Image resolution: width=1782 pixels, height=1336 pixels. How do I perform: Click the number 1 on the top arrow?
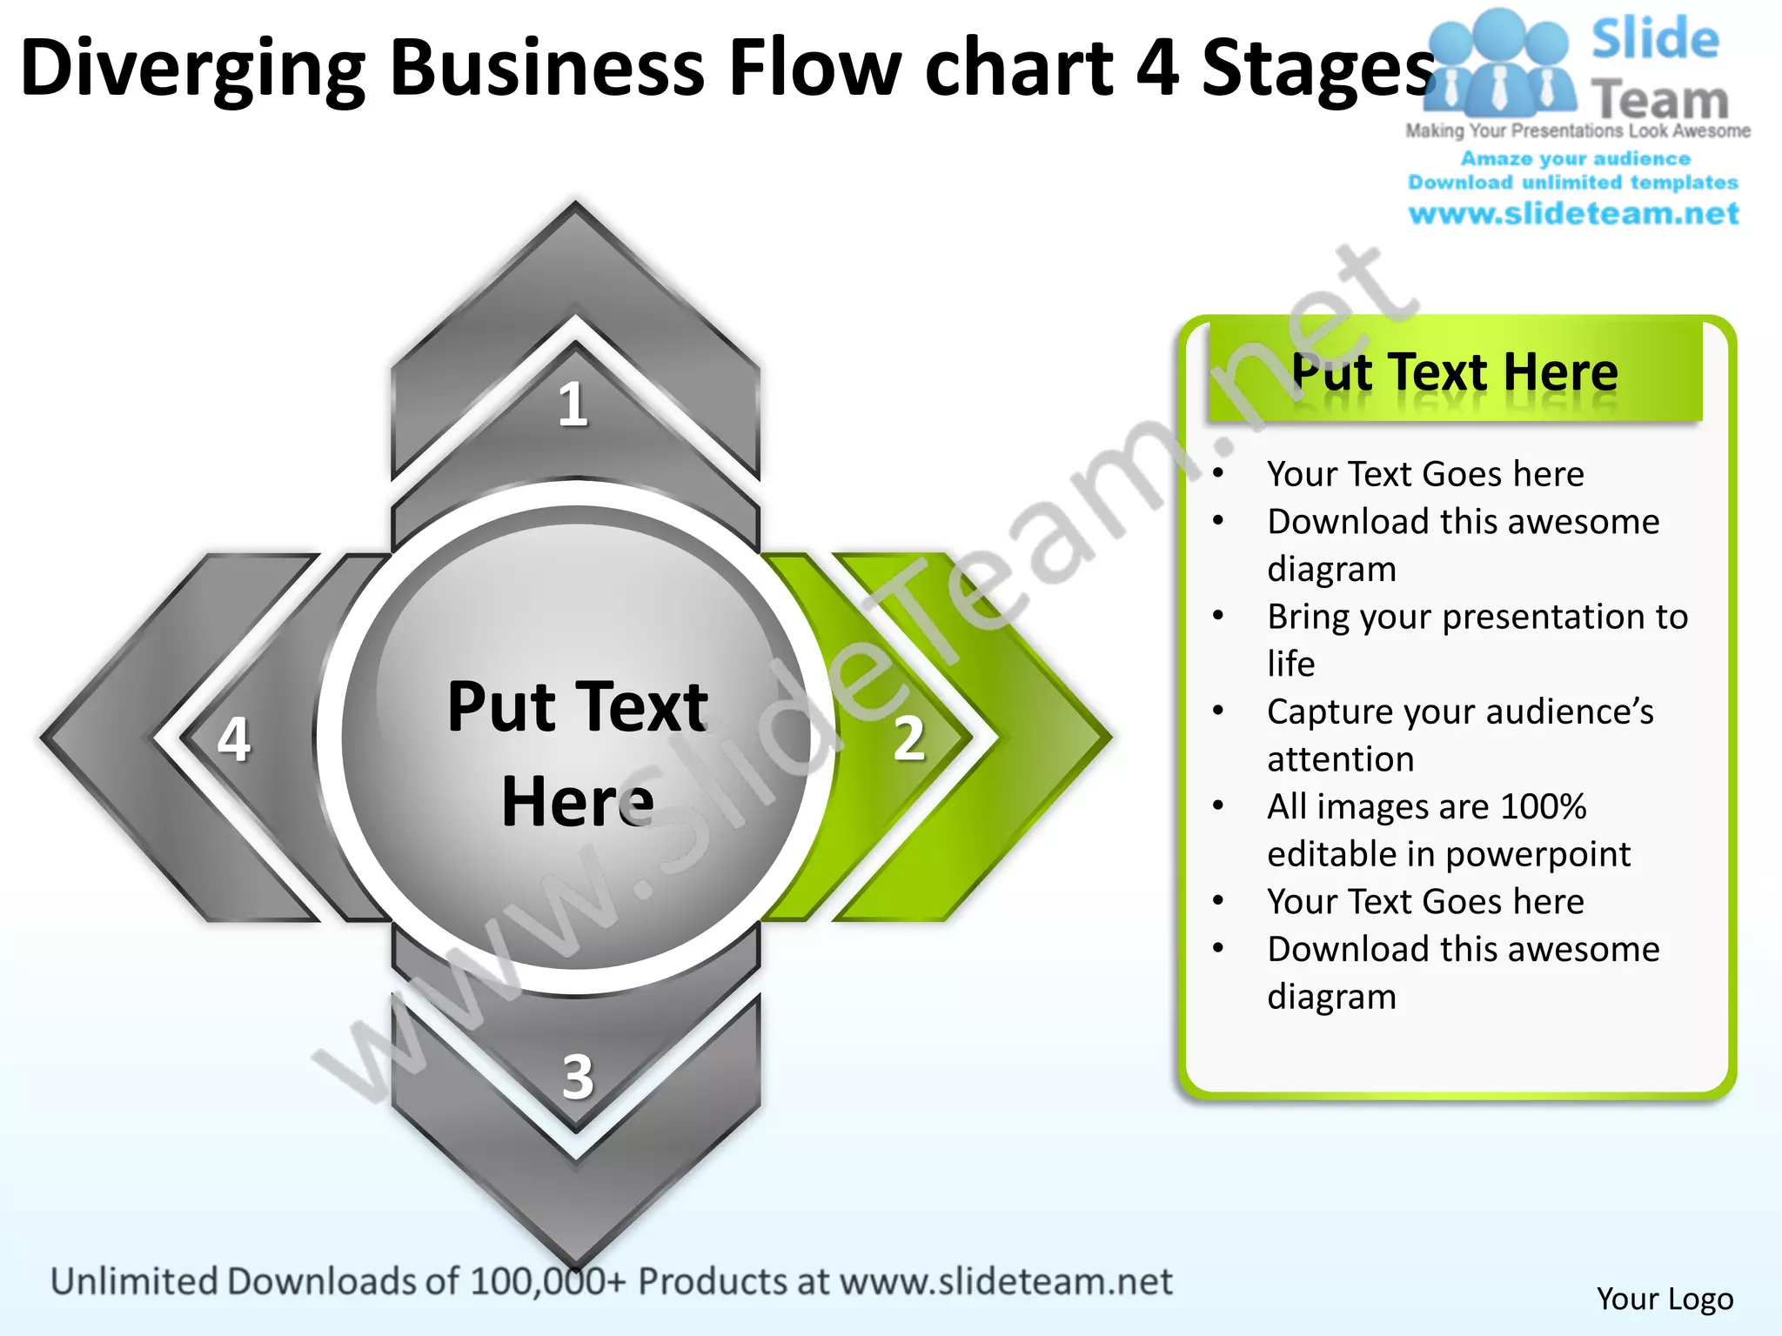[573, 405]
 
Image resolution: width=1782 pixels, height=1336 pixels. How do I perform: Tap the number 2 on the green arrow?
[909, 739]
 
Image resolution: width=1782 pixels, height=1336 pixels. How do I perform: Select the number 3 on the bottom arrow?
[578, 1077]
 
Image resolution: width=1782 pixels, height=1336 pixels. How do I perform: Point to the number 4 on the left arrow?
[234, 739]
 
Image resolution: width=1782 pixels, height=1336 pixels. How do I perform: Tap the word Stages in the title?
[1317, 70]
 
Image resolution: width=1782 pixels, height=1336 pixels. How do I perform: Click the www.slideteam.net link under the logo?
[1573, 214]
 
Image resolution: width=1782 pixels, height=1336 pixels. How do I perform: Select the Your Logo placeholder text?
[1665, 1299]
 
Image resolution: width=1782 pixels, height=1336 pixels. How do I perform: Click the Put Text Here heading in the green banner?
[1455, 372]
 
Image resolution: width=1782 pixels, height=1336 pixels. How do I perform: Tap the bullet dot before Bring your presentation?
[1218, 616]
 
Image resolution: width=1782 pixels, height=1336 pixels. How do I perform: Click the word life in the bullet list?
[1290, 664]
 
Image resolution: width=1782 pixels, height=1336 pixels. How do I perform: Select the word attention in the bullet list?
[1340, 759]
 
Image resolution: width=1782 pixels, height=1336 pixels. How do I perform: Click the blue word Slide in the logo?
[1655, 39]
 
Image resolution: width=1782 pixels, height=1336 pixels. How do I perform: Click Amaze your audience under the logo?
[1575, 158]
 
